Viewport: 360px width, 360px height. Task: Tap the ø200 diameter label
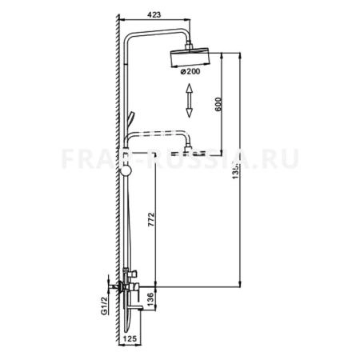[x=190, y=73]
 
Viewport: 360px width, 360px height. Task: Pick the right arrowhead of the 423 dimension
[x=190, y=19]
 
